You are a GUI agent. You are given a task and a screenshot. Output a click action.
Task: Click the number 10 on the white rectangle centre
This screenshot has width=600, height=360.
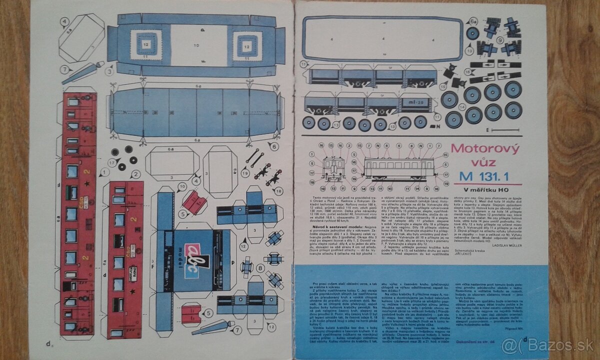coord(196,45)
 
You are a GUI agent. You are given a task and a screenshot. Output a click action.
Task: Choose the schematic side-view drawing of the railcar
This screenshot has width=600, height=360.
coord(398,169)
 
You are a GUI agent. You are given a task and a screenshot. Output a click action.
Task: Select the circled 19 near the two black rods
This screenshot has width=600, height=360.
coord(245,173)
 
